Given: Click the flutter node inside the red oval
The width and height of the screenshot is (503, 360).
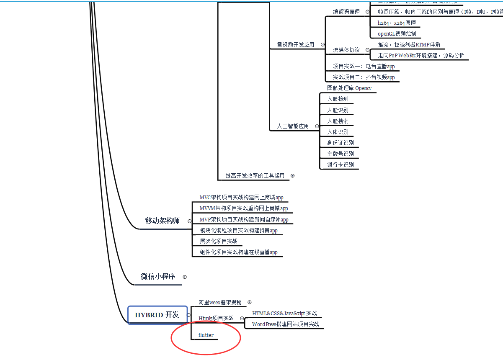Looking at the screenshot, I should [206, 335].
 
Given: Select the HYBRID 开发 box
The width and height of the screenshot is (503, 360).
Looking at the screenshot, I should [157, 315].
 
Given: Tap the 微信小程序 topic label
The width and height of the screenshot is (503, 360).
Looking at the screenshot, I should [157, 277].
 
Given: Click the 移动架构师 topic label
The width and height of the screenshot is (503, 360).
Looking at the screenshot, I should [163, 221].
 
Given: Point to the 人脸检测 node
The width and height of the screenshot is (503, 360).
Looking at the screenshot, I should [338, 99].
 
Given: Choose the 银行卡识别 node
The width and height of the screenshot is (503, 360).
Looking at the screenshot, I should [340, 165].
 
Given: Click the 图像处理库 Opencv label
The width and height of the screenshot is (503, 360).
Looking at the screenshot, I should [349, 88].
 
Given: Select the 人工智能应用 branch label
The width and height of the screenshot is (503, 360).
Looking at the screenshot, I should [293, 126].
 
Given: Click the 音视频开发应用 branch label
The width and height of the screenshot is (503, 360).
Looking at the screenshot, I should [295, 44].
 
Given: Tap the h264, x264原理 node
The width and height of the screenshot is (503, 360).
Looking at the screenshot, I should [397, 23].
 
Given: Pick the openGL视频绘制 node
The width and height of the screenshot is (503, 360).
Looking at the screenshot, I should [397, 33].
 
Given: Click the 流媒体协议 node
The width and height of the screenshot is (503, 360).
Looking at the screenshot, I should [346, 50].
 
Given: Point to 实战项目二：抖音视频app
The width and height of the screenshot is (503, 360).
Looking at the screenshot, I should [364, 77].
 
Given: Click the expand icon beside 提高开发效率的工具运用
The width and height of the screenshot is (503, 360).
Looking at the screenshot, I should [292, 176].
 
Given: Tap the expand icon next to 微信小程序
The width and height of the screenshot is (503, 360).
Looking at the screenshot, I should [185, 277].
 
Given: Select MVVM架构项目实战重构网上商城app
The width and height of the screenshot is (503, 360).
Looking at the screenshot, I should [244, 208].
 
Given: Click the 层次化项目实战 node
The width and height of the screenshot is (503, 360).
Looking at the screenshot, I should [219, 241].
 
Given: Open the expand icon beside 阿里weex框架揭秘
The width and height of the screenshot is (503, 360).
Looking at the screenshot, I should [250, 302].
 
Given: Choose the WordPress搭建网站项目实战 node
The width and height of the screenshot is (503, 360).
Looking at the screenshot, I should [286, 324].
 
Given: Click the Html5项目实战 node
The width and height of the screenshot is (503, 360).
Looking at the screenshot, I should [216, 318].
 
